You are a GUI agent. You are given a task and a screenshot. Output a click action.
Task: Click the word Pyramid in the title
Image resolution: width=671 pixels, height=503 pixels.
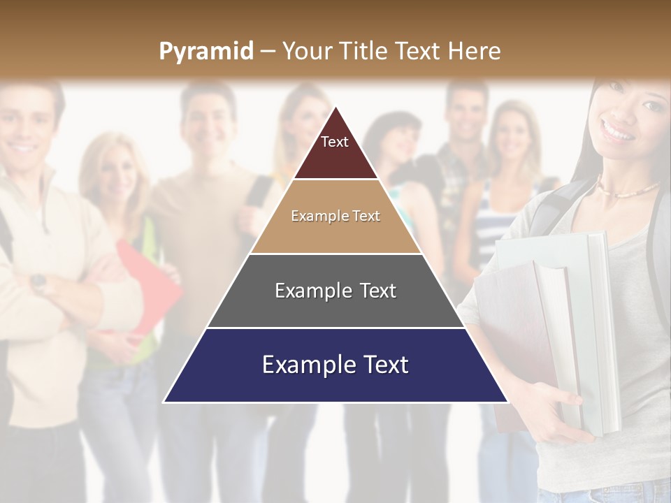coord(205,52)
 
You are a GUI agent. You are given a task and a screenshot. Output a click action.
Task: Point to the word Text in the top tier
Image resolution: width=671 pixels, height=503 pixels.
coord(335,142)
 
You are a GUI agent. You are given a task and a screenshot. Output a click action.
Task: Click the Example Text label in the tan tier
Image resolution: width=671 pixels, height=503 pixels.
coord(335,216)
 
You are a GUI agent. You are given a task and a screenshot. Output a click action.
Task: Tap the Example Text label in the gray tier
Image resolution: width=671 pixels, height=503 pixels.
coord(335,291)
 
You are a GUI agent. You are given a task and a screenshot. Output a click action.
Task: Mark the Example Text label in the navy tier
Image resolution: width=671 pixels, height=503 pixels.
coord(335,365)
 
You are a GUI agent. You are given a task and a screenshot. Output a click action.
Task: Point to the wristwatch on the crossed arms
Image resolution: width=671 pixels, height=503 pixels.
coord(38,282)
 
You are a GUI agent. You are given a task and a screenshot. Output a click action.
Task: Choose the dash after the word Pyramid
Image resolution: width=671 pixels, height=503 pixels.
coord(268,52)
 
